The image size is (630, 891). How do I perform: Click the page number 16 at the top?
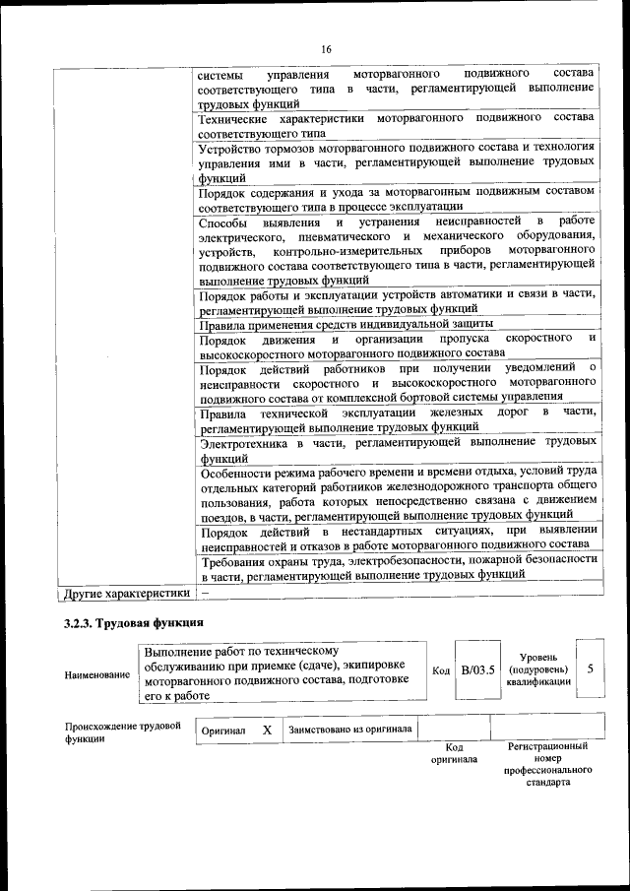tap(326, 49)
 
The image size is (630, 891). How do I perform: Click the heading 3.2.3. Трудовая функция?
tap(134, 622)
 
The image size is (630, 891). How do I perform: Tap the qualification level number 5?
tap(590, 668)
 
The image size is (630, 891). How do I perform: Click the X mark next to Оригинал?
tap(267, 731)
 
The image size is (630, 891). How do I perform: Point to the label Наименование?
tap(96, 675)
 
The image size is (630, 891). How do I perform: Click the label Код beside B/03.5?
tap(441, 670)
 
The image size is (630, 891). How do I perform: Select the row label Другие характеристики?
tap(125, 594)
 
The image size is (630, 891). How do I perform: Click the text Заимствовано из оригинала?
tap(350, 731)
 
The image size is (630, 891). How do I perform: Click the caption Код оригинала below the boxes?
tap(454, 754)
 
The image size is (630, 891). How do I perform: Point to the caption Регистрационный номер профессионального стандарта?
tap(547, 766)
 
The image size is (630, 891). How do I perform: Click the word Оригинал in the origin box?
tap(223, 732)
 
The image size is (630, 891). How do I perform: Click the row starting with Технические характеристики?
tap(396, 124)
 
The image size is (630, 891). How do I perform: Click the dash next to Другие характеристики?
tap(204, 594)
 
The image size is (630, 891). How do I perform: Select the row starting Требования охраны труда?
tap(396, 565)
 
